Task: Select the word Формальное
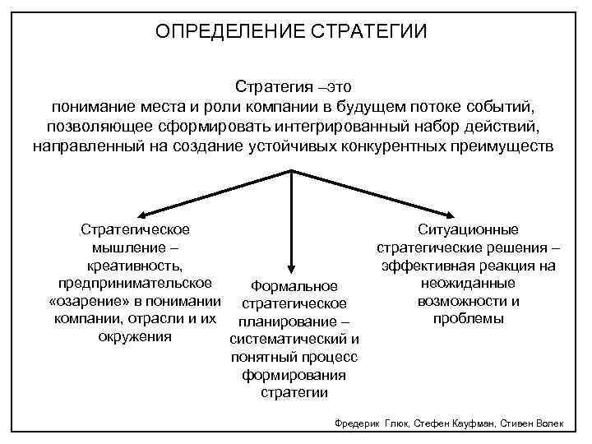point(294,285)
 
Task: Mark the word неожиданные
point(468,283)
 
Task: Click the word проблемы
point(468,318)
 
